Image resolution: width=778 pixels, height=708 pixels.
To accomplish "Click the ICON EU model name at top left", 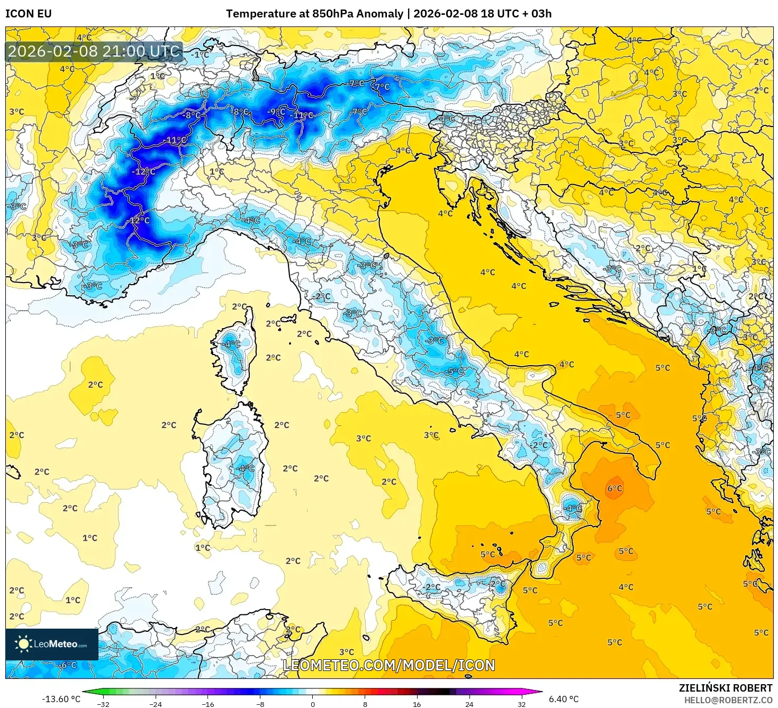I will pyautogui.click(x=29, y=14).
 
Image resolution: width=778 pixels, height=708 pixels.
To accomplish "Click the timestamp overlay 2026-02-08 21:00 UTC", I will pyautogui.click(x=94, y=52).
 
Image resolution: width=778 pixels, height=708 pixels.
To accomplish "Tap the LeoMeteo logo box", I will pyautogui.click(x=52, y=644).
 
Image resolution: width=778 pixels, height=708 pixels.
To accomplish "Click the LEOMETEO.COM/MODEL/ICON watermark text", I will pyautogui.click(x=389, y=666).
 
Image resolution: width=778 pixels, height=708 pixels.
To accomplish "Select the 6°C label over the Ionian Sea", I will pyautogui.click(x=614, y=488).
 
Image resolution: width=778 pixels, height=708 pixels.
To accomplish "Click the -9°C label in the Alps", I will pyautogui.click(x=276, y=112).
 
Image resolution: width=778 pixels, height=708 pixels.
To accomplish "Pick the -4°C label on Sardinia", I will pyautogui.click(x=246, y=468).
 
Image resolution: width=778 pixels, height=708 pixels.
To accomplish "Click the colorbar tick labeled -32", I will pyautogui.click(x=104, y=704).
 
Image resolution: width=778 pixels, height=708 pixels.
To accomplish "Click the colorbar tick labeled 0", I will pyautogui.click(x=313, y=704).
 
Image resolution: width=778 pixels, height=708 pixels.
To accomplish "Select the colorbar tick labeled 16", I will pyautogui.click(x=417, y=704).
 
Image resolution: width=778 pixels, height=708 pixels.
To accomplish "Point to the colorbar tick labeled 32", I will pyautogui.click(x=521, y=704).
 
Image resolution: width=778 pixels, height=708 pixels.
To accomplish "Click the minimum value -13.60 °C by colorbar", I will pyautogui.click(x=61, y=699).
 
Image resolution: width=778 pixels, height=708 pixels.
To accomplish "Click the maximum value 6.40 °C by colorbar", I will pyautogui.click(x=564, y=699).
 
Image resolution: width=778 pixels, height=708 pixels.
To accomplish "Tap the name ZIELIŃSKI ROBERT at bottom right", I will pyautogui.click(x=726, y=688).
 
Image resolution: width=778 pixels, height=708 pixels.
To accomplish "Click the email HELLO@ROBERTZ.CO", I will pyautogui.click(x=728, y=700).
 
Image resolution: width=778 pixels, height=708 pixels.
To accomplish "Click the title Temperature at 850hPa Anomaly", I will pyautogui.click(x=314, y=14).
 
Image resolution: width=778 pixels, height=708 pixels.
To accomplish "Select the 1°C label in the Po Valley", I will pyautogui.click(x=216, y=171).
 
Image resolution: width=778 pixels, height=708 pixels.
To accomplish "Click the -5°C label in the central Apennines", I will pyautogui.click(x=456, y=371).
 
